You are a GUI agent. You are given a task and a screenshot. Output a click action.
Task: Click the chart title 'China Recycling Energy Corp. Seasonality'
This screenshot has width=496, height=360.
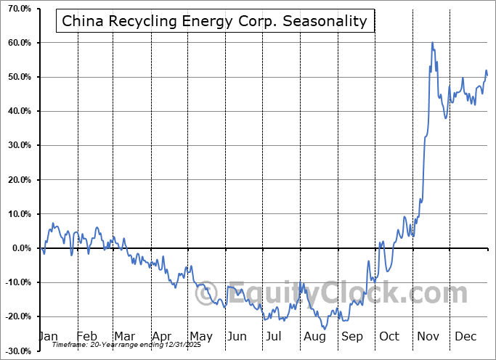(214, 21)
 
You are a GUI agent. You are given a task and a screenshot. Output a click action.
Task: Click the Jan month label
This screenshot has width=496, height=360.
(47, 337)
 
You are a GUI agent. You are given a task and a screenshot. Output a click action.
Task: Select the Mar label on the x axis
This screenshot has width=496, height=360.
(124, 337)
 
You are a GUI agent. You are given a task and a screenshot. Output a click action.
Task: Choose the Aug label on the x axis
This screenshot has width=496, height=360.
(314, 337)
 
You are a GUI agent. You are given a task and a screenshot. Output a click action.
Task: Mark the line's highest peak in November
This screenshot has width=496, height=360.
(432, 43)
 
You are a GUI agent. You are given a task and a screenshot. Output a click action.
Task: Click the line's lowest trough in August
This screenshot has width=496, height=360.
(325, 329)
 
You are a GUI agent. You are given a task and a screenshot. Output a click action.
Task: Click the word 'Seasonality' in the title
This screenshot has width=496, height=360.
(329, 21)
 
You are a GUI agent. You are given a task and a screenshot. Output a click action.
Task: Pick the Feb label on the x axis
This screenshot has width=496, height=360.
(86, 337)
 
